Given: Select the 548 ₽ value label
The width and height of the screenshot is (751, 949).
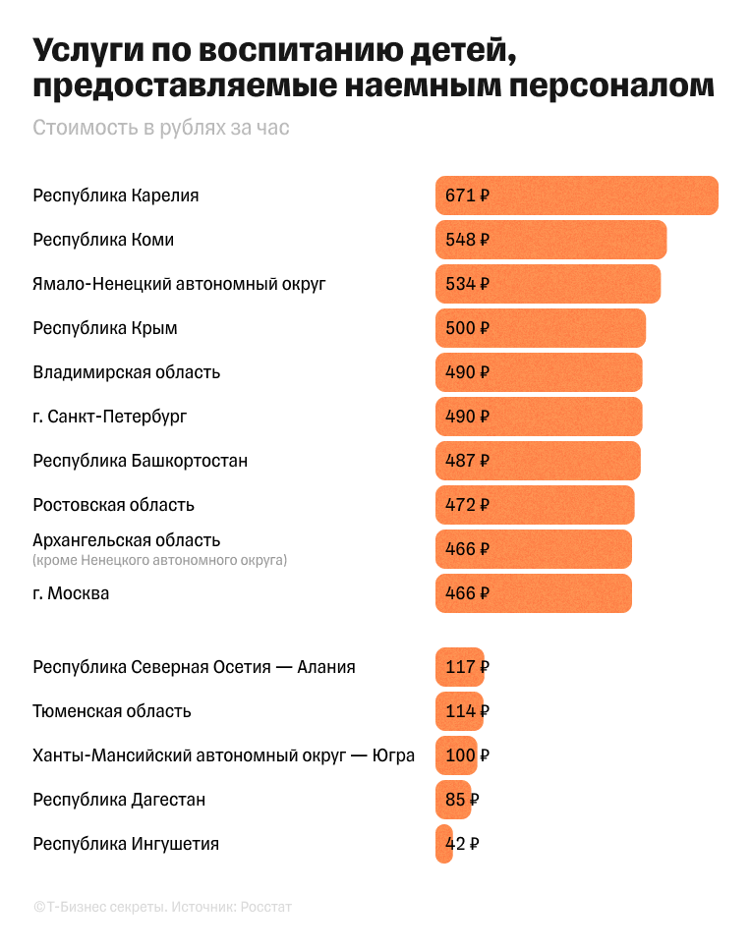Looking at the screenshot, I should pyautogui.click(x=467, y=240).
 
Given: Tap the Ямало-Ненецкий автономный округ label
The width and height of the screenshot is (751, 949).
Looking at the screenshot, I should pyautogui.click(x=179, y=284).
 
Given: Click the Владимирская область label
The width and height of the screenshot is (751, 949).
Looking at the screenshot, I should pyautogui.click(x=126, y=372).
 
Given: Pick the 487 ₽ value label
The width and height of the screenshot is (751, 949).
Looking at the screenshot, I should pyautogui.click(x=467, y=461).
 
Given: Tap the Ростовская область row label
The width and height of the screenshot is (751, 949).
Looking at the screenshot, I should pyautogui.click(x=113, y=505).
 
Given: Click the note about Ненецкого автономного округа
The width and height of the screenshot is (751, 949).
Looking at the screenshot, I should pyautogui.click(x=159, y=560).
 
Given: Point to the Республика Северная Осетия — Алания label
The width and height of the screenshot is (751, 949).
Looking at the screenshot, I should pyautogui.click(x=194, y=667).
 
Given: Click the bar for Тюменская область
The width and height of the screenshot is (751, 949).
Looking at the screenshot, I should pyautogui.click(x=459, y=711).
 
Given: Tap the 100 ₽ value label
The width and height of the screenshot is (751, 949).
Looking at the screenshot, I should pyautogui.click(x=467, y=755).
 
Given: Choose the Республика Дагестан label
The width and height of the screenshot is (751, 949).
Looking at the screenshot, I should pyautogui.click(x=119, y=800).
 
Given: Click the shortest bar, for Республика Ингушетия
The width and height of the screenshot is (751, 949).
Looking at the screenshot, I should pyautogui.click(x=443, y=844).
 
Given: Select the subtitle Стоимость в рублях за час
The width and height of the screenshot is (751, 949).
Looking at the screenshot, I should pyautogui.click(x=161, y=128).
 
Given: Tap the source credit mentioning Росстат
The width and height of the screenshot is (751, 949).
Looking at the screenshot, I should pyautogui.click(x=162, y=907).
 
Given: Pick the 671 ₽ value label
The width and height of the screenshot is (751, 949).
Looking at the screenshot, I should pyautogui.click(x=467, y=195).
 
